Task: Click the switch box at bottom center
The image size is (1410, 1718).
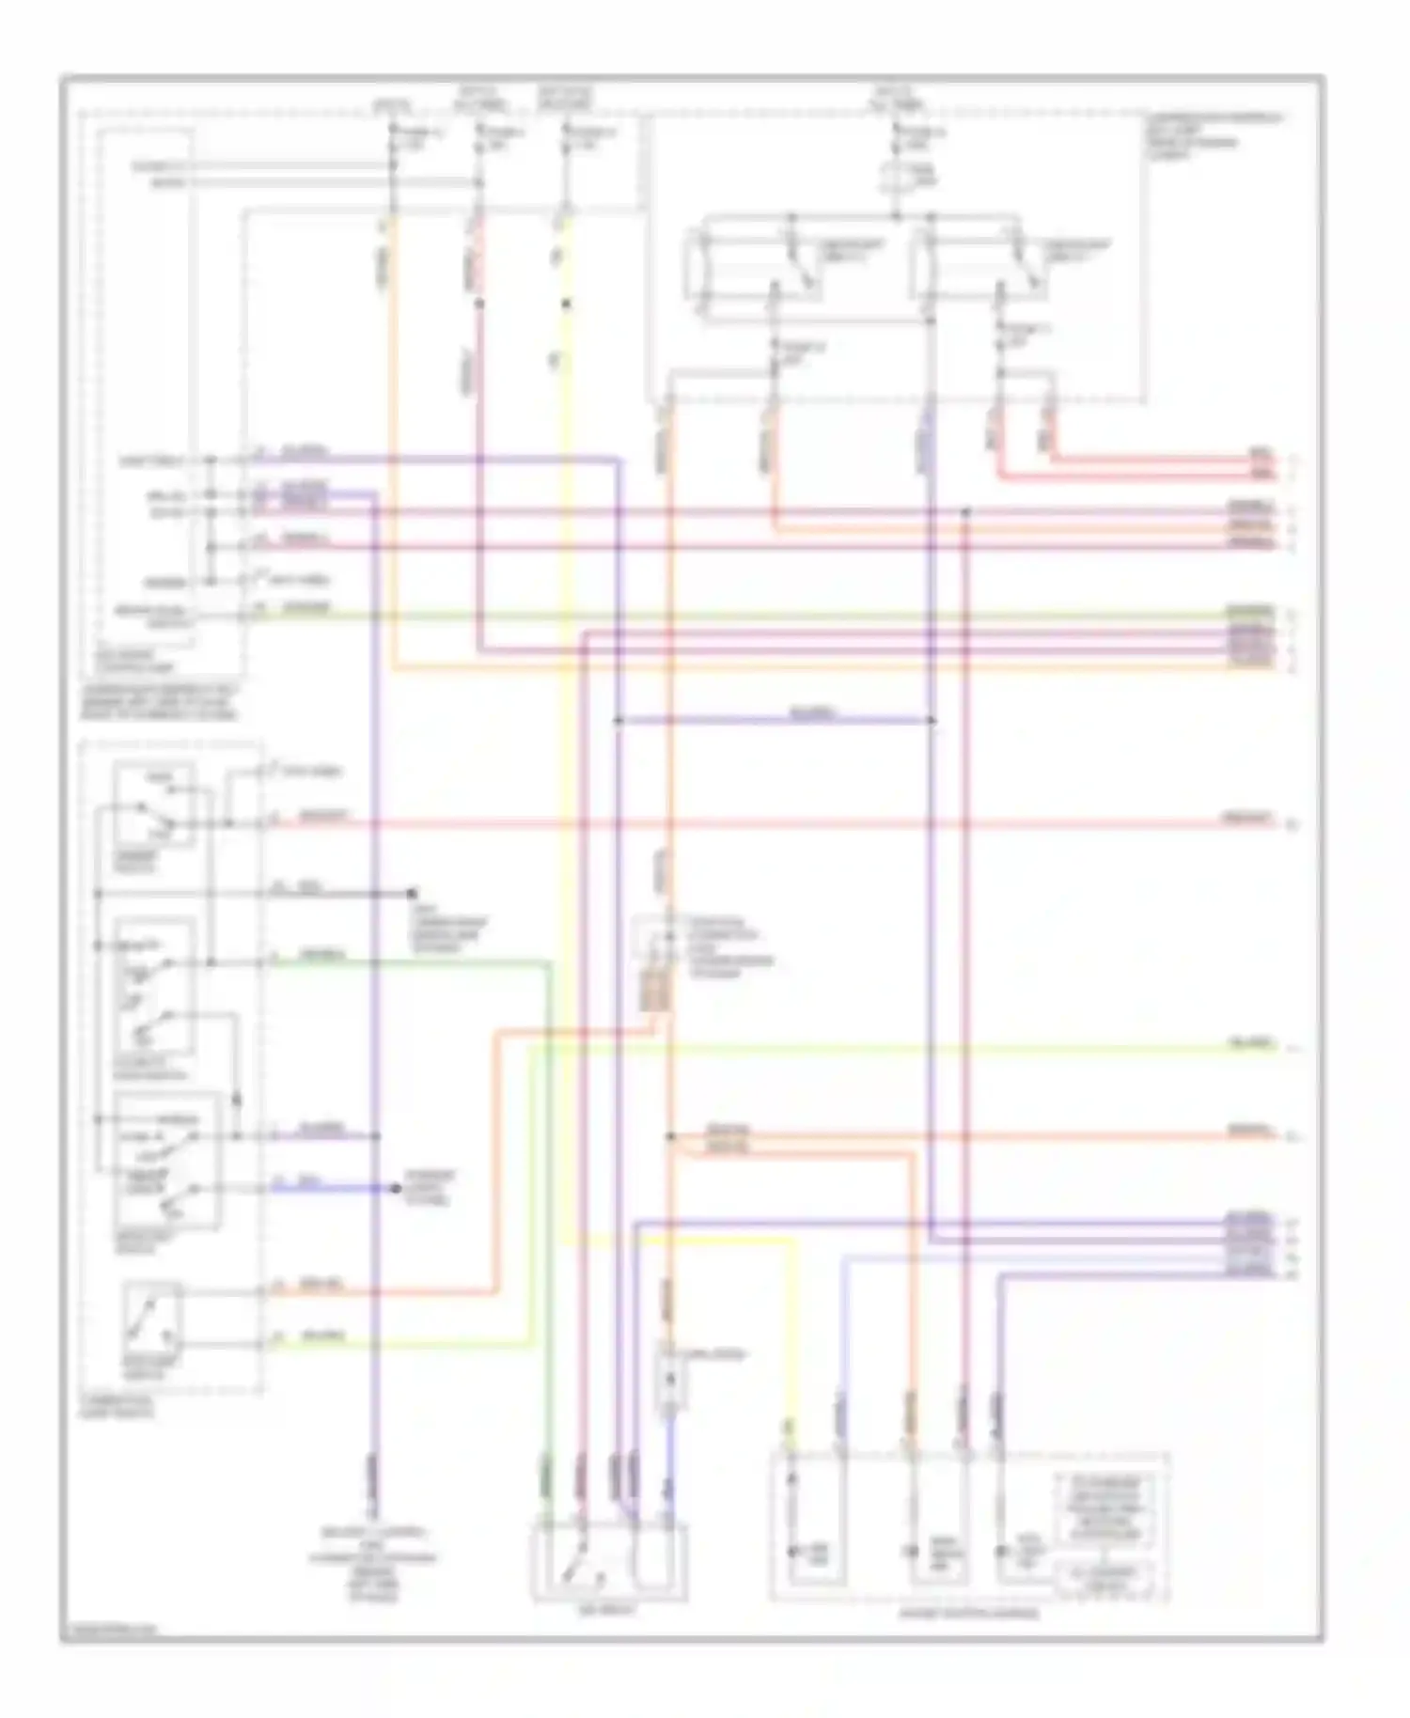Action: tap(609, 1561)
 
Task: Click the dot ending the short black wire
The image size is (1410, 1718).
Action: tap(412, 892)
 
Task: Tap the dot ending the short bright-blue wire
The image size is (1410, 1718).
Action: tap(397, 1188)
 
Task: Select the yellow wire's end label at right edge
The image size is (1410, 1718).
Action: tap(1251, 1044)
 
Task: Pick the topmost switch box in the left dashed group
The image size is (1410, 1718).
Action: tap(154, 804)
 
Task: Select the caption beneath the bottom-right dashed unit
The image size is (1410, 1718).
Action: tap(968, 1614)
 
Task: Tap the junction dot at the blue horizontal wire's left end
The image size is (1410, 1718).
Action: tap(619, 721)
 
